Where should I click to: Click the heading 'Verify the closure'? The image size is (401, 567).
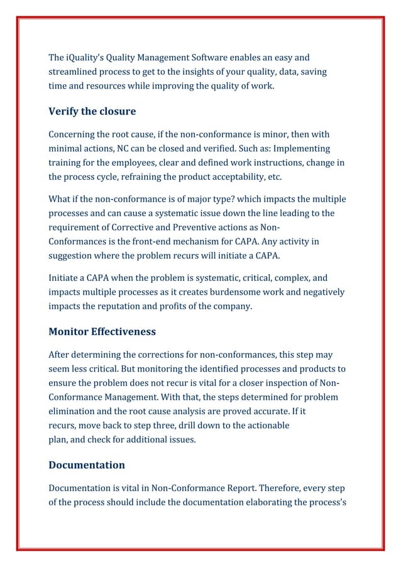[92, 112]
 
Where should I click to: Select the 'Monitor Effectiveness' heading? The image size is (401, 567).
[101, 331]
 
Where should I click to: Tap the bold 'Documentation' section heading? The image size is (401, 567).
[86, 465]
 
